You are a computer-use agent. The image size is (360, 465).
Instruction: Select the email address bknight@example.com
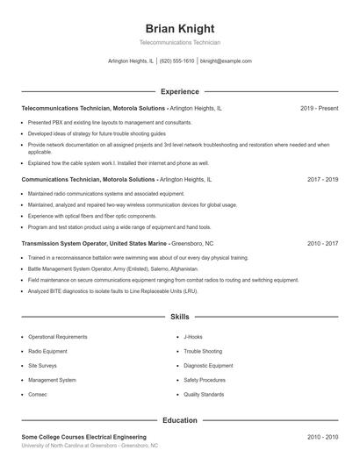(226, 61)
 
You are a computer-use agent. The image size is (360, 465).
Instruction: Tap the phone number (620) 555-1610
(176, 61)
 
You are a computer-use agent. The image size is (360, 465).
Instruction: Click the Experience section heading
(179, 91)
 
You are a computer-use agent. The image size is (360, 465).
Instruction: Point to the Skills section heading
(179, 316)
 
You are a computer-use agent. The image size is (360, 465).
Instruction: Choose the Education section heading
(179, 420)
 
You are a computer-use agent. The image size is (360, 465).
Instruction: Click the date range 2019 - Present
(319, 108)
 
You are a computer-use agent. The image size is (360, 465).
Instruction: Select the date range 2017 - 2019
(322, 179)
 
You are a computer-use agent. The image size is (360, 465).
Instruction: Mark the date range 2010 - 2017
(322, 243)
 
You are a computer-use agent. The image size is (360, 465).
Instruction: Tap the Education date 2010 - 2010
(322, 436)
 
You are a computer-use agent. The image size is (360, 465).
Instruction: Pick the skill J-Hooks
(192, 337)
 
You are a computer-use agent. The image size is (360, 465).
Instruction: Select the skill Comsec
(39, 395)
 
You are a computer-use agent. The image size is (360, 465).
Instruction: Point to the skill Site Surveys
(43, 366)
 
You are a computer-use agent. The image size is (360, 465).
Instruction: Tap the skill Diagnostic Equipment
(208, 366)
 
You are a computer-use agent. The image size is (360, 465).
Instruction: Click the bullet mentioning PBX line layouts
(110, 123)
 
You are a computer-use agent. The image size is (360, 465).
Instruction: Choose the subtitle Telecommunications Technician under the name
(179, 43)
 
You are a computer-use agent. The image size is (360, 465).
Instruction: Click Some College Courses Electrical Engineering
(83, 436)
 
